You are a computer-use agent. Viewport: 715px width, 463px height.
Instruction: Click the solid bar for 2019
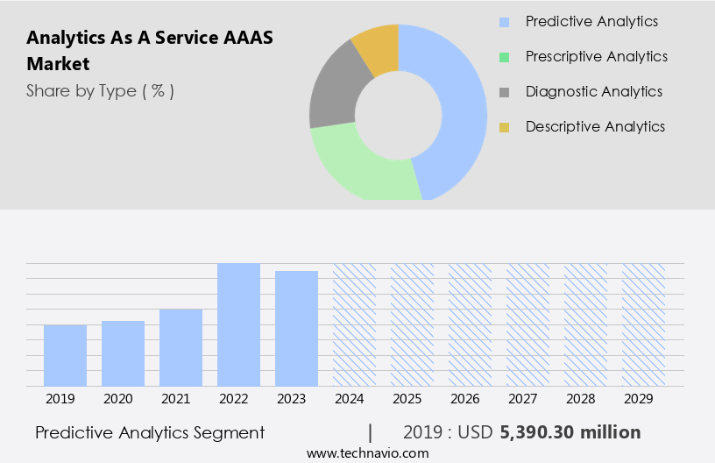pyautogui.click(x=65, y=355)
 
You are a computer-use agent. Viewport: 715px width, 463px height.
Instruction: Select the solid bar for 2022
pyautogui.click(x=238, y=324)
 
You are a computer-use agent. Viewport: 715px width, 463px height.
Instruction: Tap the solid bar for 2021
pyautogui.click(x=181, y=347)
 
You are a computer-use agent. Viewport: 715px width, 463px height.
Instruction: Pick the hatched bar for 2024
pyautogui.click(x=354, y=324)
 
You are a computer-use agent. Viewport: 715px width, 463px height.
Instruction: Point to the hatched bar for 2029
pyautogui.click(x=643, y=324)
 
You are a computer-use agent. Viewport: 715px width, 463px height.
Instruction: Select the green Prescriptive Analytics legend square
pyautogui.click(x=504, y=57)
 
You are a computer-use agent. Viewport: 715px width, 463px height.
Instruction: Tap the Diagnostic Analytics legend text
pyautogui.click(x=593, y=91)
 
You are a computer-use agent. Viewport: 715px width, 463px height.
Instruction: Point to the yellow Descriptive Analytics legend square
pyautogui.click(x=504, y=127)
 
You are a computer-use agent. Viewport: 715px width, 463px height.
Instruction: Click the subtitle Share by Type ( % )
pyautogui.click(x=100, y=90)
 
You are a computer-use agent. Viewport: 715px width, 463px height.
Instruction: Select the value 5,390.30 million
pyautogui.click(x=570, y=432)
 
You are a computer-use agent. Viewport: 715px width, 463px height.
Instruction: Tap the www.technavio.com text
pyautogui.click(x=368, y=453)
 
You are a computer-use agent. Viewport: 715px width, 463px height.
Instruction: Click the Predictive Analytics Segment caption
pyautogui.click(x=150, y=432)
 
